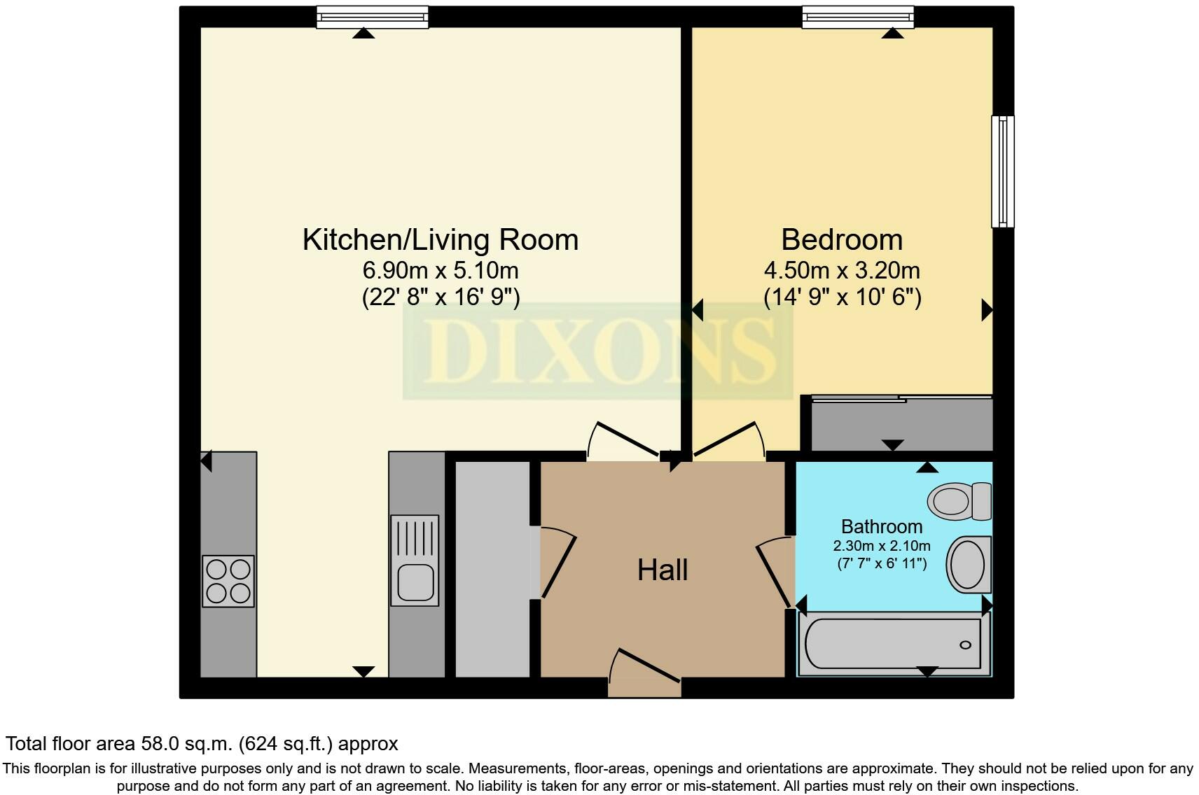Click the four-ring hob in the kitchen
coord(228,581)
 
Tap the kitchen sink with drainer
coord(415,560)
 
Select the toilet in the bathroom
coord(959,501)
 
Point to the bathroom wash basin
coord(969,565)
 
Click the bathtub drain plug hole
coord(965,645)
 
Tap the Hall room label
coord(662,570)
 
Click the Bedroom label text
coord(842,239)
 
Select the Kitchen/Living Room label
coord(441,239)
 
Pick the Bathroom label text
coord(882,527)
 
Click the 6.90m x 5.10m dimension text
coord(441,270)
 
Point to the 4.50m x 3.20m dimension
coord(842,270)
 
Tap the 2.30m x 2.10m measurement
coord(882,547)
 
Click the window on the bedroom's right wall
coord(1003,171)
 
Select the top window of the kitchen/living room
coord(372,17)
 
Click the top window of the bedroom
coord(857,17)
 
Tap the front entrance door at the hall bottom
coord(644,673)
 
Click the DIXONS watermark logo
coord(597,351)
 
